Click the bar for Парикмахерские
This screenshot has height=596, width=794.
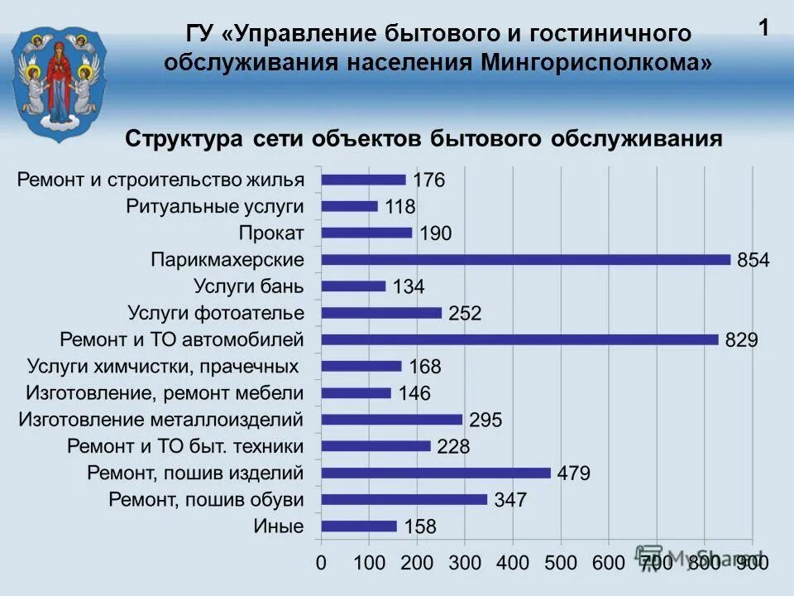pyautogui.click(x=526, y=259)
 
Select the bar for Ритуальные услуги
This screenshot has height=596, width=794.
pyautogui.click(x=349, y=206)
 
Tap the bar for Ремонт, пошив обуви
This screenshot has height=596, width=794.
pyautogui.click(x=404, y=499)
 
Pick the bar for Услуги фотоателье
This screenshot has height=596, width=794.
pyautogui.click(x=381, y=313)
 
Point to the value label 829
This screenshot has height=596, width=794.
pyautogui.click(x=741, y=340)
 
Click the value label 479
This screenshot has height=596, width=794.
pyautogui.click(x=574, y=473)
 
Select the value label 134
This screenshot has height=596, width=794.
pyautogui.click(x=408, y=287)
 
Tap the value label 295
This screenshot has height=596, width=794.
pyautogui.click(x=485, y=421)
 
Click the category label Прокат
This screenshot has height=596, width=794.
pyautogui.click(x=271, y=233)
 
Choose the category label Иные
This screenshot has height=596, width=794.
pyautogui.click(x=279, y=526)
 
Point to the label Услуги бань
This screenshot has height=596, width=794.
pyautogui.click(x=249, y=286)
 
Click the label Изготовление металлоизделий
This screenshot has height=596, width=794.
pyautogui.click(x=161, y=420)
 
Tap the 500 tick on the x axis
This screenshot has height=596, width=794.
pyautogui.click(x=561, y=563)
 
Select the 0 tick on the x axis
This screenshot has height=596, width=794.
pyautogui.click(x=321, y=563)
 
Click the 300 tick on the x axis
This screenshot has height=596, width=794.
pyautogui.click(x=465, y=563)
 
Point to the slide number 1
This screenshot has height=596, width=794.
pyautogui.click(x=763, y=28)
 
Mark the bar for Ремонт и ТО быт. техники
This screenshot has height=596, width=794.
pyautogui.click(x=376, y=446)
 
